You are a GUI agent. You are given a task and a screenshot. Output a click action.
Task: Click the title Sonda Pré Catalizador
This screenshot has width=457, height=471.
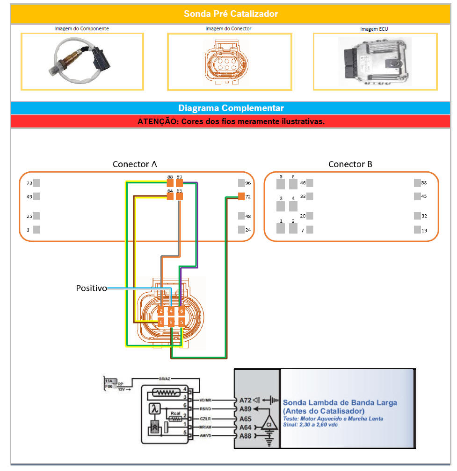(x=231, y=14)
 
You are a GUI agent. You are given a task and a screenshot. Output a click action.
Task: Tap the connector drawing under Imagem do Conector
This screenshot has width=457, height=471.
(x=229, y=61)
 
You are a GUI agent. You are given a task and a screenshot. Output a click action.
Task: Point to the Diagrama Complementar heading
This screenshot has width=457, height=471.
(x=231, y=108)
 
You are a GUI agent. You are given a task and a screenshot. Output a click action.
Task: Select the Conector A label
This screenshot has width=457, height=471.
(x=135, y=164)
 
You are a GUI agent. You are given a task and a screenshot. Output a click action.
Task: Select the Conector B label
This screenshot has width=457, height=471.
(x=350, y=164)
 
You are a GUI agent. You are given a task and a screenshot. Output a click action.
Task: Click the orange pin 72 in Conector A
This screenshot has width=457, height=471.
(x=241, y=197)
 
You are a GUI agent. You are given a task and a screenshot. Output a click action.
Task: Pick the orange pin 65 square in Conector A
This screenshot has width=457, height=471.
(x=179, y=197)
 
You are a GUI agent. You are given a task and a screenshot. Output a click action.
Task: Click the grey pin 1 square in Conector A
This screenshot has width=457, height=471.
(x=36, y=230)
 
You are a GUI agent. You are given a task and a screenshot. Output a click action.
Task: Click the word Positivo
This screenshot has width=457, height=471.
(x=91, y=288)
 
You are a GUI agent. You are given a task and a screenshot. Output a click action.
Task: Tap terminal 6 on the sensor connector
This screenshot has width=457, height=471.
(x=181, y=311)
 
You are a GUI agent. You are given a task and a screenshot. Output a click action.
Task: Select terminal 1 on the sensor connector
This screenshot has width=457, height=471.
(x=161, y=322)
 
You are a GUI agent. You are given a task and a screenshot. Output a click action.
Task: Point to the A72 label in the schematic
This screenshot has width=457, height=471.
(x=245, y=400)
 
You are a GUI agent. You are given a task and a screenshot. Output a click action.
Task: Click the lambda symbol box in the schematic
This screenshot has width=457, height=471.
(x=155, y=409)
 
